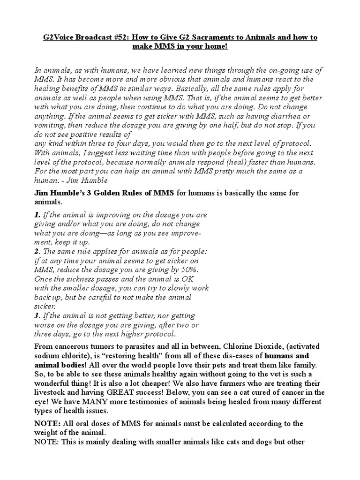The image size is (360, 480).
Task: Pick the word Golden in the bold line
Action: (x=111, y=193)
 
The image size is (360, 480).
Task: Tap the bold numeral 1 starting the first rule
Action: (x=37, y=215)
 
